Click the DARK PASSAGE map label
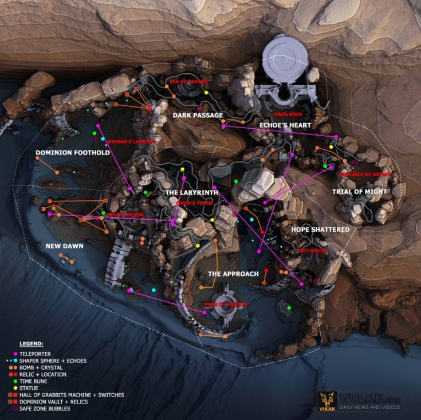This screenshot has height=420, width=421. [198, 115]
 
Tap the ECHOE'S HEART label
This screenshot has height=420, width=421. [285, 125]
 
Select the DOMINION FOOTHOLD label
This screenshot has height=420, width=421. [72, 153]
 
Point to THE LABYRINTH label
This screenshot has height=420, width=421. [191, 193]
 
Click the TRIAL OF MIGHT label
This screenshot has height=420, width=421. [360, 192]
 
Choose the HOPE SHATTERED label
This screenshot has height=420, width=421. [320, 229]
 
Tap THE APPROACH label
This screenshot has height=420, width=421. [233, 274]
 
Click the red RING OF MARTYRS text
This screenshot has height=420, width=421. [226, 304]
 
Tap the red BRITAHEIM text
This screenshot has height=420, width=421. [312, 251]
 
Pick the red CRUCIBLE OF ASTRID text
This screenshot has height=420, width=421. [365, 173]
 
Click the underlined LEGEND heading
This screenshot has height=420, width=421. [31, 344]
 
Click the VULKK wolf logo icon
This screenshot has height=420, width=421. [327, 400]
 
